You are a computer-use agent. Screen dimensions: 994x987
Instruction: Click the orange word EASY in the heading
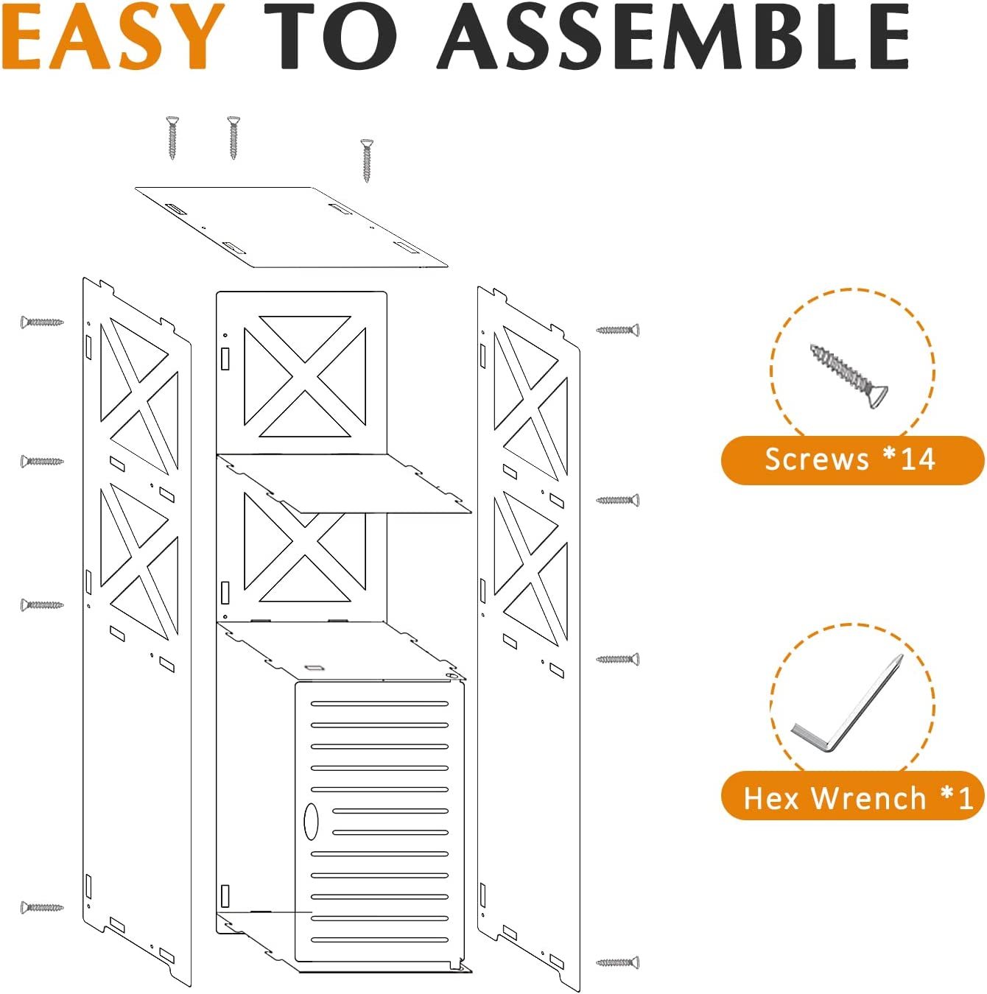coord(113,37)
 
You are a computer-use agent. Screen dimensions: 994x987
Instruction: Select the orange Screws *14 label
coord(851,460)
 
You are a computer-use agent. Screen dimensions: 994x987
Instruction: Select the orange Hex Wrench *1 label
coord(851,797)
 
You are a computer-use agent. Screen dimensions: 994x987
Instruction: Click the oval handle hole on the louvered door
coord(311,821)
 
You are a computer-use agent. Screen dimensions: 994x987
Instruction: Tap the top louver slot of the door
coord(379,704)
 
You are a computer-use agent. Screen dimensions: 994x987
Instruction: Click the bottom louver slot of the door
coord(379,940)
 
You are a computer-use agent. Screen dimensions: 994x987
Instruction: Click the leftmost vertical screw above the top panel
coord(172,137)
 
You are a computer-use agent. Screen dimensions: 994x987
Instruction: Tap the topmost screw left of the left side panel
coord(42,322)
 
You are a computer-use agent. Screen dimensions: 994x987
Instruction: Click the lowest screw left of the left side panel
coord(42,907)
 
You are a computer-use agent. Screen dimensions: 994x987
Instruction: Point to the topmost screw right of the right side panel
coord(617,330)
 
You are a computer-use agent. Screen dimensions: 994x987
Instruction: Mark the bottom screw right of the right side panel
coord(617,962)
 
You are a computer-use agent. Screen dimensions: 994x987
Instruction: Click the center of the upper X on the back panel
coord(305,376)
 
